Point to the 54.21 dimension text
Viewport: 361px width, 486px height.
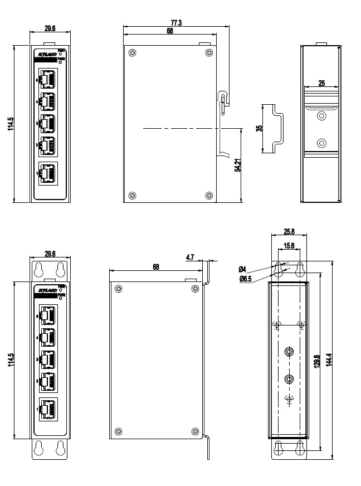237,166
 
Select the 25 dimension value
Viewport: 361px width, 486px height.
321,83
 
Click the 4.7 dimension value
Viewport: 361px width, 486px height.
189,257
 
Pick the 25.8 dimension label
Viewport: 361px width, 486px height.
289,231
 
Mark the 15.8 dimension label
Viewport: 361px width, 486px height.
289,246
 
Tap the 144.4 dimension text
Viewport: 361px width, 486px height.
328,362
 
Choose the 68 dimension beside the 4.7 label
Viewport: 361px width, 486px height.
155,267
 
